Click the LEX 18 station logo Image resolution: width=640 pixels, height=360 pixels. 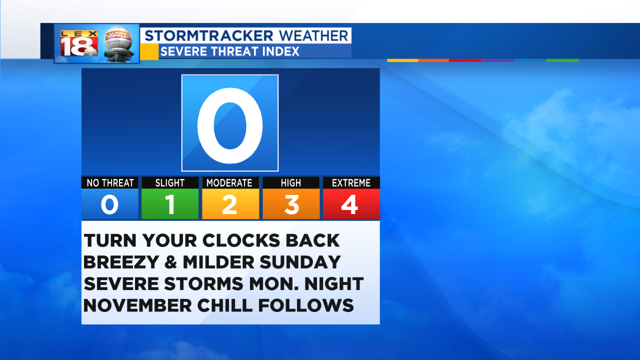(x=79, y=43)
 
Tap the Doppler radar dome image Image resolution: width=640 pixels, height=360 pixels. (x=118, y=44)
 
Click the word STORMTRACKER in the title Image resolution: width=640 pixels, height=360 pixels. (x=209, y=36)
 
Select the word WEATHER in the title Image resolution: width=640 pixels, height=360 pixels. (x=313, y=36)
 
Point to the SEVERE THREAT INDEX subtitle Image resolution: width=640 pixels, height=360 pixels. (x=229, y=51)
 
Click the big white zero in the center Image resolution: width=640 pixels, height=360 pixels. (x=230, y=125)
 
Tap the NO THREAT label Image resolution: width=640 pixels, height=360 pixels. (x=110, y=183)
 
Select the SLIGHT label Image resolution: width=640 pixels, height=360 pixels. (x=170, y=183)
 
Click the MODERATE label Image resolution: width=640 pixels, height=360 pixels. (x=229, y=183)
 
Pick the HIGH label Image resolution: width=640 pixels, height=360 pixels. (x=291, y=183)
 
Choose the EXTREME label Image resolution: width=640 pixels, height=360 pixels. (x=351, y=183)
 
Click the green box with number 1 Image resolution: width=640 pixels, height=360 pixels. (x=170, y=204)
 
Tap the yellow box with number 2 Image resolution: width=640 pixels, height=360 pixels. (x=230, y=204)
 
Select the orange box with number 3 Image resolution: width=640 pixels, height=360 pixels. (x=291, y=204)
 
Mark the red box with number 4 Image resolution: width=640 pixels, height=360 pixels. (x=351, y=204)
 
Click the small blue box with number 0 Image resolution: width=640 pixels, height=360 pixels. (x=109, y=204)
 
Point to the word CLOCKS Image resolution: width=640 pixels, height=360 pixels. (x=241, y=240)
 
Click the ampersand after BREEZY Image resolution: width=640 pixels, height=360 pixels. (x=171, y=262)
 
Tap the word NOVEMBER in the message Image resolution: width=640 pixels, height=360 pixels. (x=137, y=305)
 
